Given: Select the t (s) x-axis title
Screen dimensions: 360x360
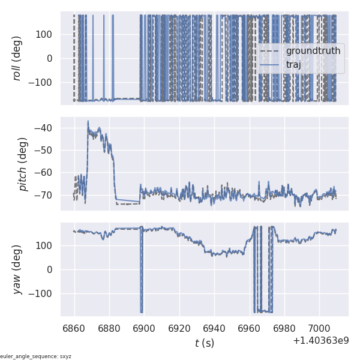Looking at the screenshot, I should click(204, 343).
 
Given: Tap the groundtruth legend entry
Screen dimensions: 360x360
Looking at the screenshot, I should click(313, 51).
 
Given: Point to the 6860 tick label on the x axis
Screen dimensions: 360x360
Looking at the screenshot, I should click(74, 329).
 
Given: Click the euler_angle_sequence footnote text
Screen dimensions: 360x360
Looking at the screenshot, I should click(36, 356).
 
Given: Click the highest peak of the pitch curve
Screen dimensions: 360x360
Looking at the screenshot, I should click(88, 121).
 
